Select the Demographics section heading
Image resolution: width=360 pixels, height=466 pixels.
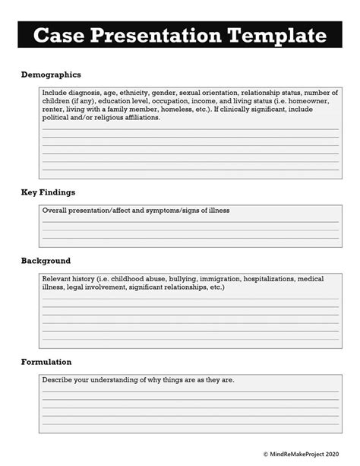click(x=50, y=75)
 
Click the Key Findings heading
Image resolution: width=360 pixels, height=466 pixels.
click(x=48, y=192)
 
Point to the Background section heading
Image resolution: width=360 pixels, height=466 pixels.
click(x=46, y=261)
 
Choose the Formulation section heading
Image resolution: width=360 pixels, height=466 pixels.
click(x=46, y=362)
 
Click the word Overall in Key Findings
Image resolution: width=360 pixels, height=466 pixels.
click(x=55, y=211)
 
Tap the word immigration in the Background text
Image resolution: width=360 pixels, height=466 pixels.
click(x=224, y=278)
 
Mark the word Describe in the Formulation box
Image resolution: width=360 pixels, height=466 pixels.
click(x=57, y=379)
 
